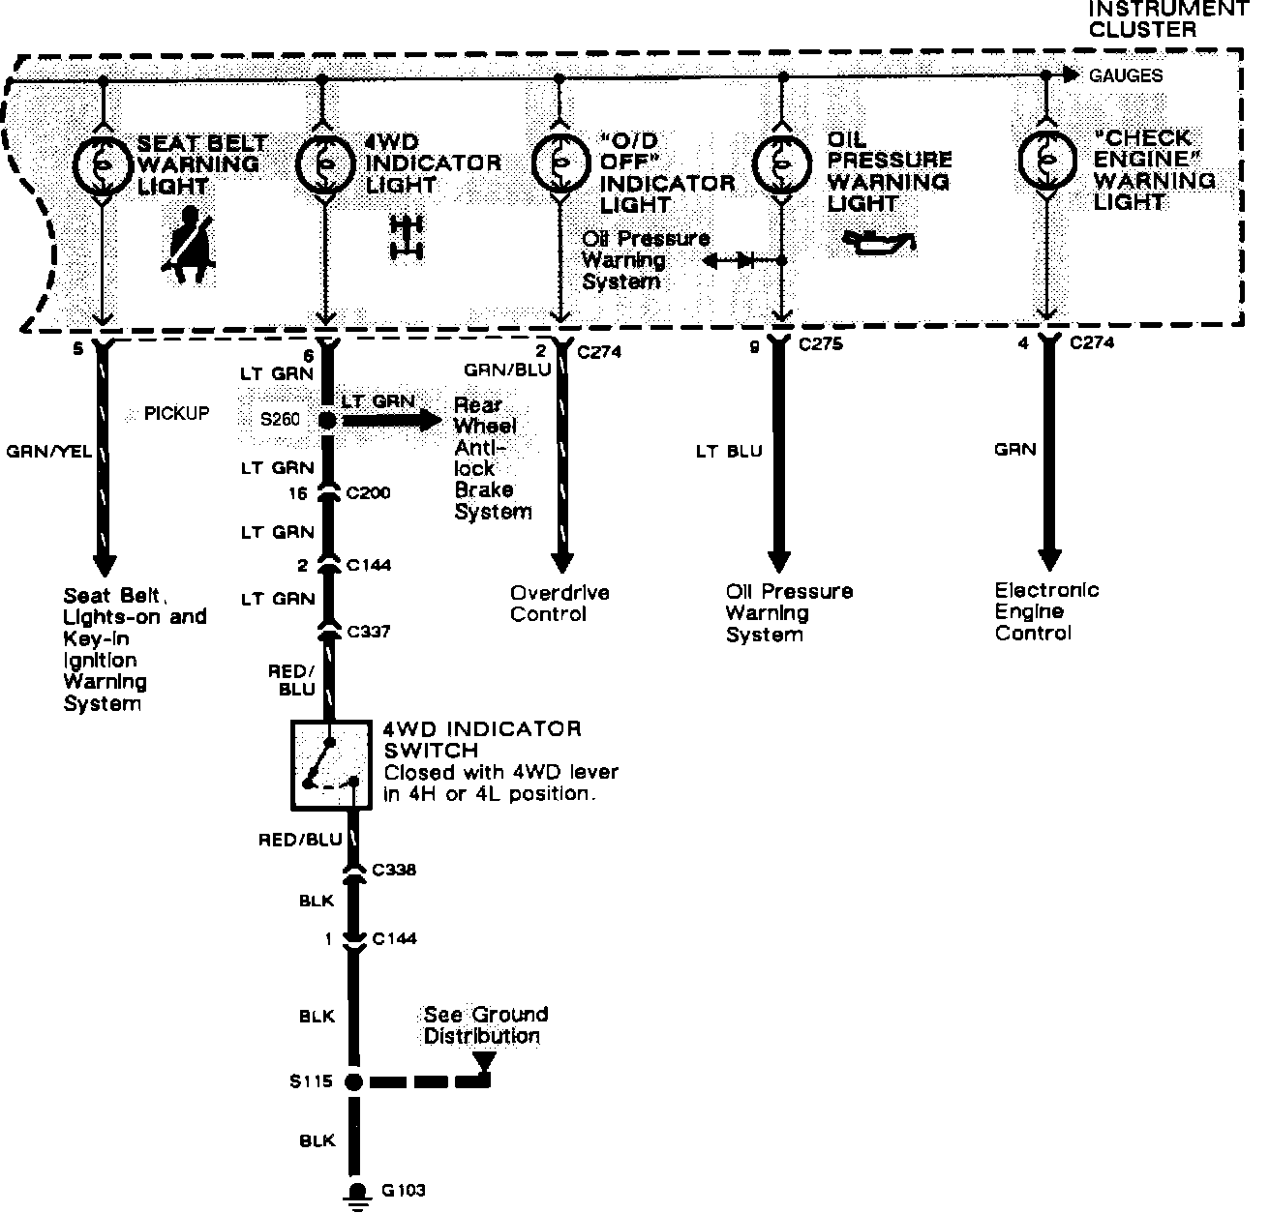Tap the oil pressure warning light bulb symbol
[781, 161]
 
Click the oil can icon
[877, 243]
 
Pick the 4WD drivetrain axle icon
[407, 237]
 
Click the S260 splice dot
[327, 421]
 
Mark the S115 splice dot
[353, 1081]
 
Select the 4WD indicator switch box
[330, 764]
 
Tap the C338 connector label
[394, 870]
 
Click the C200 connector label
[368, 493]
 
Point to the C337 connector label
[368, 632]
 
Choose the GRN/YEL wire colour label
[49, 451]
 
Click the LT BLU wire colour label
[730, 451]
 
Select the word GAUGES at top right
[1126, 75]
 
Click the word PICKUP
[176, 414]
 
